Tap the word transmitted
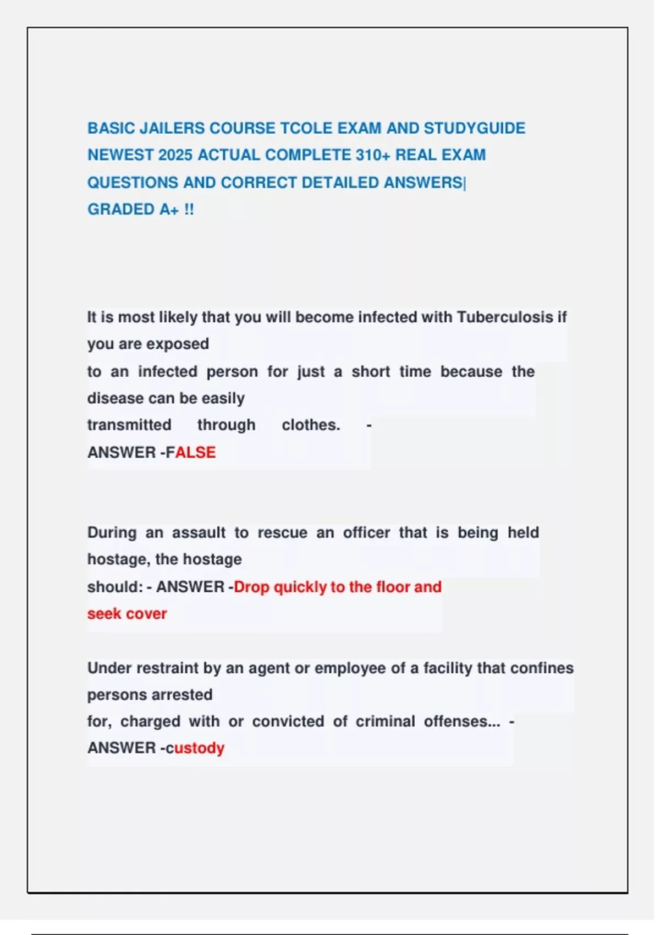(x=129, y=425)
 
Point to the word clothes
(x=311, y=425)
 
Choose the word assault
(x=199, y=533)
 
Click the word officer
(x=366, y=533)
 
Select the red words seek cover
(x=127, y=614)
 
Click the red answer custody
(x=195, y=749)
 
